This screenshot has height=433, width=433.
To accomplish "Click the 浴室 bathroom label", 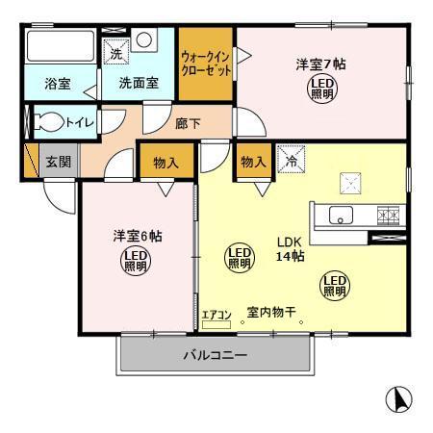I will pyautogui.click(x=57, y=84).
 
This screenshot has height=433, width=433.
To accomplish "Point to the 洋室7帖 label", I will pyautogui.click(x=319, y=65).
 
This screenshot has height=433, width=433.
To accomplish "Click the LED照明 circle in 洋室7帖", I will pyautogui.click(x=321, y=90).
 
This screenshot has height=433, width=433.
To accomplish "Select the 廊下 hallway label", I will pyautogui.click(x=188, y=124).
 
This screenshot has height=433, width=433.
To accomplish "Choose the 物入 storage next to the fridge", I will pyautogui.click(x=253, y=162).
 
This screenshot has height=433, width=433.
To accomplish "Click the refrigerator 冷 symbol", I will pyautogui.click(x=290, y=158).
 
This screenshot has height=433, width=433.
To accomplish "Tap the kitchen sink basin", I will pyautogui.click(x=341, y=216).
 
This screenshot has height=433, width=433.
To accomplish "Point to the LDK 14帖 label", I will pyautogui.click(x=291, y=250).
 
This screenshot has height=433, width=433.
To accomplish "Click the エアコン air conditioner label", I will pyautogui.click(x=217, y=315).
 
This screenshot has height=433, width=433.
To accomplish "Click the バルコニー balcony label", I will pyautogui.click(x=216, y=355).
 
